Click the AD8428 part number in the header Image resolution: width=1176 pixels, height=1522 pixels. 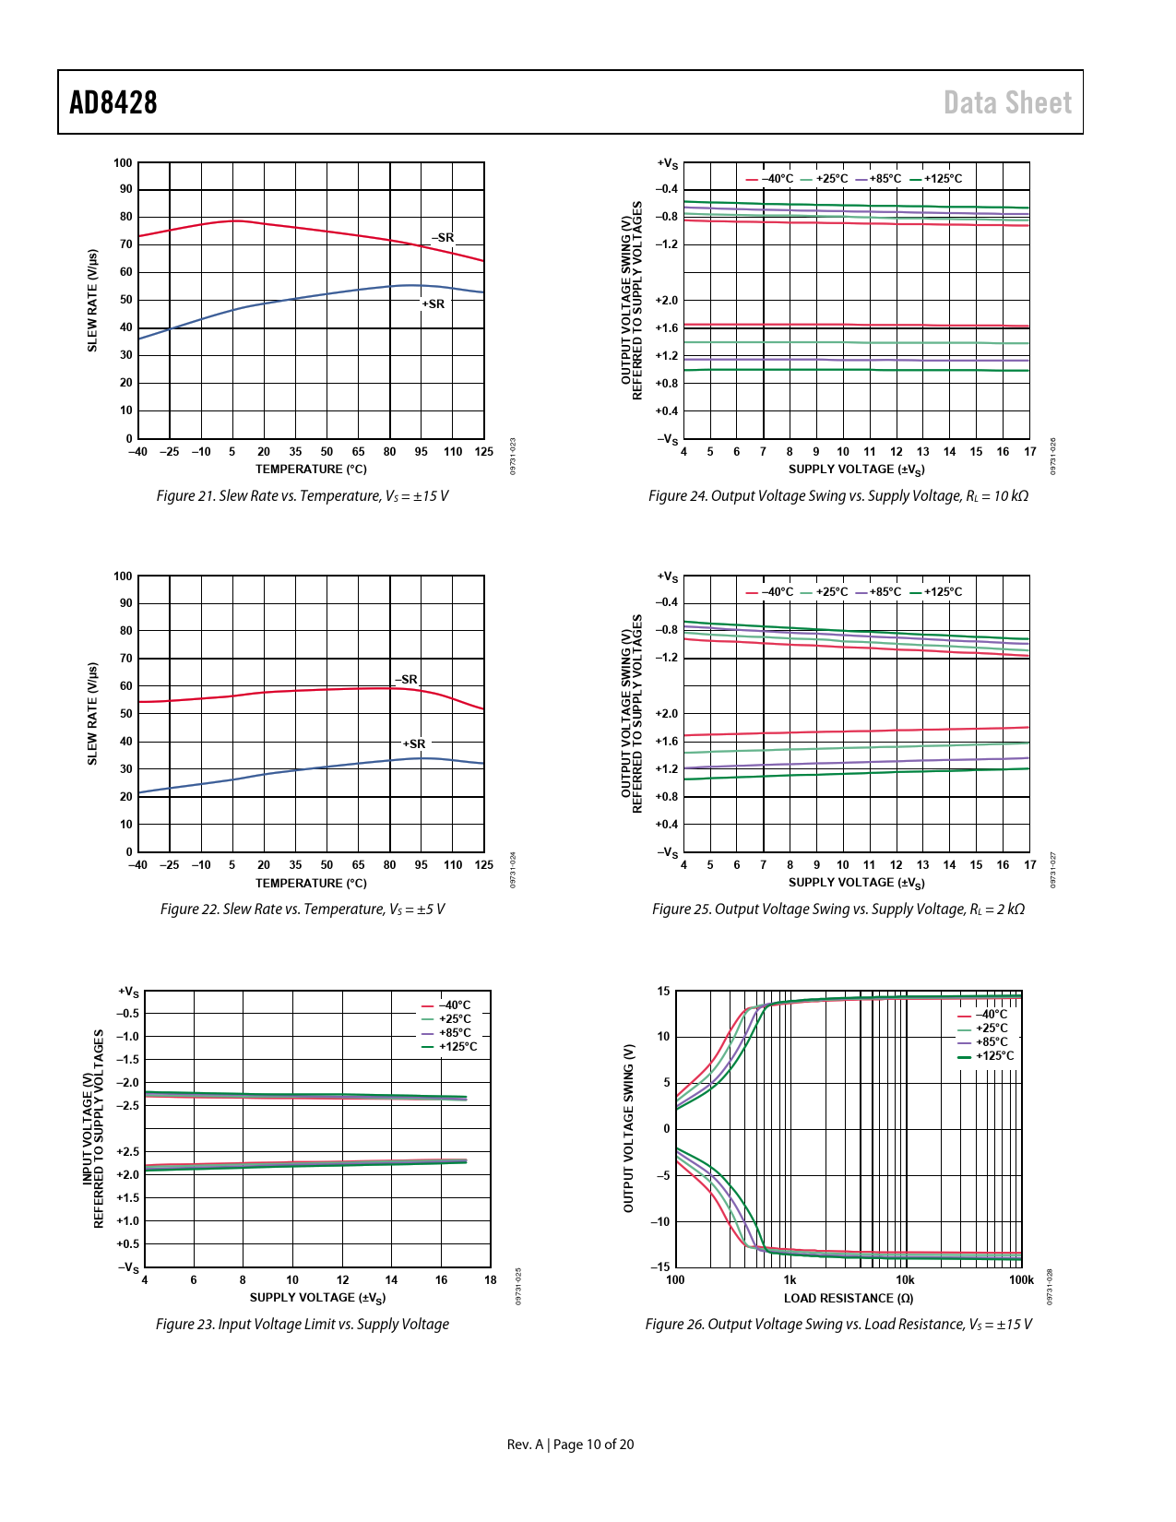point(113,102)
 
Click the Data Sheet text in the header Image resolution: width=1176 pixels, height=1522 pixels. point(1007,102)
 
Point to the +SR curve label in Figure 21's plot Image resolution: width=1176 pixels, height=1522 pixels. point(433,304)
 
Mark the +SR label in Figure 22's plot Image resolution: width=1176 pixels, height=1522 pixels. point(414,744)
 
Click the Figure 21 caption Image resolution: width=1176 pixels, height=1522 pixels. point(303,496)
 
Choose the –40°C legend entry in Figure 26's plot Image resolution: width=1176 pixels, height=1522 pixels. point(992,1015)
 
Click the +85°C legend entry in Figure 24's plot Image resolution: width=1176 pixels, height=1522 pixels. point(885,179)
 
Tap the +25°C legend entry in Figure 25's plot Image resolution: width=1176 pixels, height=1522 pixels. point(831,592)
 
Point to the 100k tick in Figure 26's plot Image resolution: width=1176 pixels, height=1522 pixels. point(1021,1280)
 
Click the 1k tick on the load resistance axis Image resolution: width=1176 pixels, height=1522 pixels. point(790,1280)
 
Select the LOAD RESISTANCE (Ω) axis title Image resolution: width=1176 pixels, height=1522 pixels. point(849,1299)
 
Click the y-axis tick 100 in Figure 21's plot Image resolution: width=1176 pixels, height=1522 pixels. point(123,163)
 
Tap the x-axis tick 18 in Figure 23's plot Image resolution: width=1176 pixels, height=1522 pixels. point(491,1280)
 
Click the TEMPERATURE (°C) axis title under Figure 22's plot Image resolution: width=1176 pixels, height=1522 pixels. point(311,884)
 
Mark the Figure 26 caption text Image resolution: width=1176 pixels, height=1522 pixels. point(838,1325)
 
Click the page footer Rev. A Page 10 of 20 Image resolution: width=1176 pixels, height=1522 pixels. point(570,1445)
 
